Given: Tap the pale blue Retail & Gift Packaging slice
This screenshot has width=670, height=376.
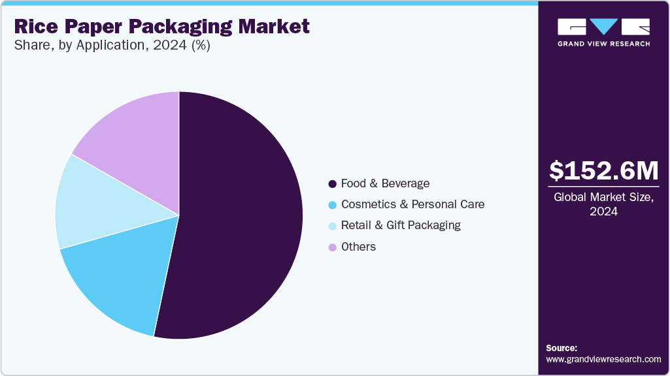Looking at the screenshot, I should click(x=92, y=202).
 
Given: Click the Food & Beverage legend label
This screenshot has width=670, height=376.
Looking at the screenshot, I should click(x=385, y=183).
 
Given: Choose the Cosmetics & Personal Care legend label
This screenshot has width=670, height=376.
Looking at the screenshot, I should click(x=412, y=204).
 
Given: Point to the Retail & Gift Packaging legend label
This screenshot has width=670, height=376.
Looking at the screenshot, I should click(x=401, y=225).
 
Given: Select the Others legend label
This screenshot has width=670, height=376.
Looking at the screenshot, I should click(x=358, y=247).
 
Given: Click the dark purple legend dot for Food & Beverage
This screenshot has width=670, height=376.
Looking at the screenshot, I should click(x=333, y=184).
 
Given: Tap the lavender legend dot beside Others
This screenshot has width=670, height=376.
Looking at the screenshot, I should click(x=333, y=247).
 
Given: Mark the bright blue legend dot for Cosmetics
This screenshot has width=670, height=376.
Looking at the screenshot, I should click(x=333, y=205).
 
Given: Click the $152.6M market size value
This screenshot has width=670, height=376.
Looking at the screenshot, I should click(x=603, y=170).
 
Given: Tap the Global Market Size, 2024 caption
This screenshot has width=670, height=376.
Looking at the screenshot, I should click(x=603, y=204).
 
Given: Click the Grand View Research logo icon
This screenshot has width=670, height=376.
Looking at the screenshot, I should click(x=603, y=27).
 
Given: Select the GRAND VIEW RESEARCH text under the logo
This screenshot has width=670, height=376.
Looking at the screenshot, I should click(x=603, y=44).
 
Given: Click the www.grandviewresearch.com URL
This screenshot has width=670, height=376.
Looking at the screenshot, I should click(x=603, y=359).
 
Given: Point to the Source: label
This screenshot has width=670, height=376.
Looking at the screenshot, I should click(x=561, y=348).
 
